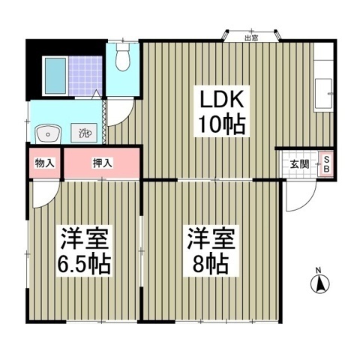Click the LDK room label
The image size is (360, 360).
tap(221, 99)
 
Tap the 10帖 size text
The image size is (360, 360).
tap(221, 124)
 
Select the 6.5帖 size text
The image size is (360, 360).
tap(84, 264)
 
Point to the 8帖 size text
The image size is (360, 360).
tap(211, 264)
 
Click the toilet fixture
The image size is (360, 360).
tap(122, 57)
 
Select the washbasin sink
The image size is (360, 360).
tap(48, 134)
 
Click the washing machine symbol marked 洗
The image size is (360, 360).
tap(84, 133)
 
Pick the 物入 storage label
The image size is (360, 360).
tap(44, 163)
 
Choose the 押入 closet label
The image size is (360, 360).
tap(103, 163)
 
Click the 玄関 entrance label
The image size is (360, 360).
tap(299, 164)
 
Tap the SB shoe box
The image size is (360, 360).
tap(326, 164)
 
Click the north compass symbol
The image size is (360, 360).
tap(319, 284)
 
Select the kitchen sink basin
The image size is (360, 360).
tap(324, 93)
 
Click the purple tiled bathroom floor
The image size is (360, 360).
tap(85, 76)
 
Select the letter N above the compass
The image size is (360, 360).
tap(318, 270)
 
